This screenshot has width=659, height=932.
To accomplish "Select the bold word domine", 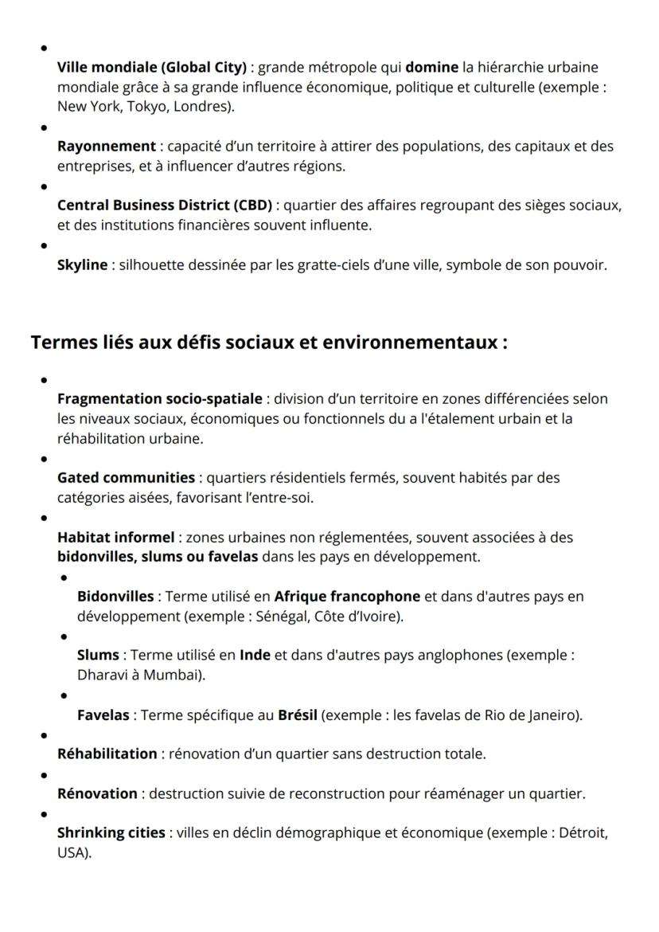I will pyautogui.click(x=430, y=67).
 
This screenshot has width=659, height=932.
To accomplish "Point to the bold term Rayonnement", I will pyautogui.click(x=106, y=146).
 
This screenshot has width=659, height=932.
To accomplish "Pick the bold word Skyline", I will pyautogui.click(x=82, y=264).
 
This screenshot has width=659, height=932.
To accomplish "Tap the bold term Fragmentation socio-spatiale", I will pyautogui.click(x=159, y=398).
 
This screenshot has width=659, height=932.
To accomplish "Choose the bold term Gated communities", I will pyautogui.click(x=126, y=477).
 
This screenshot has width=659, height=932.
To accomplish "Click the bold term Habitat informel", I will pyautogui.click(x=115, y=537).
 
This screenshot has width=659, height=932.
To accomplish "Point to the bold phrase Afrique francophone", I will pyautogui.click(x=347, y=596).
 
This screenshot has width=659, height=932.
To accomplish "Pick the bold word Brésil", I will pyautogui.click(x=298, y=715).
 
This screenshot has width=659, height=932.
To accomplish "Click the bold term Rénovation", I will pyautogui.click(x=97, y=793).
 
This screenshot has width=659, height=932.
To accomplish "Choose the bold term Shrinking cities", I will pyautogui.click(x=111, y=832).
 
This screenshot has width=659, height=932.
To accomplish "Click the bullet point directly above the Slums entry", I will pyautogui.click(x=64, y=637).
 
